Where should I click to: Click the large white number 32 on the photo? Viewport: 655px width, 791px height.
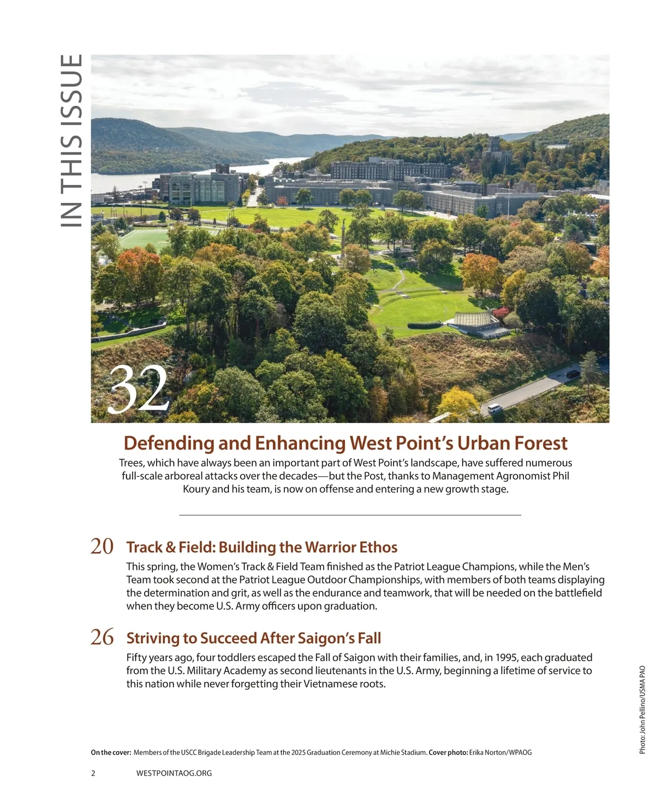click(139, 389)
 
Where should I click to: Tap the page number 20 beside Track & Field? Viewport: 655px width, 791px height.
click(102, 546)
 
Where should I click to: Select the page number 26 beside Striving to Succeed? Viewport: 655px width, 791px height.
click(102, 637)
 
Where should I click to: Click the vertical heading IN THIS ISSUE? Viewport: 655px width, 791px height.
click(72, 140)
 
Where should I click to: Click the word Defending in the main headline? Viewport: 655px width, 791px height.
click(168, 443)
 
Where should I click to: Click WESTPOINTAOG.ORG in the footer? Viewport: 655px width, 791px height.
click(174, 773)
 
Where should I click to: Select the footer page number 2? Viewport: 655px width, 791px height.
click(93, 773)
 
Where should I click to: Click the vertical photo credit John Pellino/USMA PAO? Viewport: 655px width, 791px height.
click(642, 709)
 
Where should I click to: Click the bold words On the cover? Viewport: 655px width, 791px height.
click(111, 753)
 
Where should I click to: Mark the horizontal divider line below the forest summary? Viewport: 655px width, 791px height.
click(350, 515)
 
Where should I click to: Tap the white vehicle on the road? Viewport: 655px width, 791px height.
click(495, 408)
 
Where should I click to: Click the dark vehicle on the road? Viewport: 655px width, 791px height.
click(573, 374)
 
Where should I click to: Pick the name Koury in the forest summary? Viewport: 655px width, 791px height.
click(196, 489)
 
